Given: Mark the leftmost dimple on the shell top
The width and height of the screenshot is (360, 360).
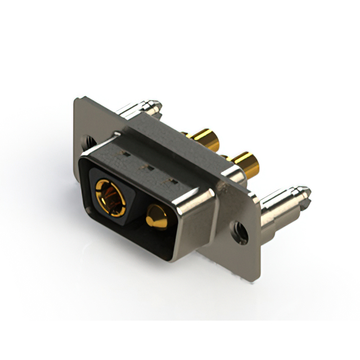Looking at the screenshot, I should click(124, 152).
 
